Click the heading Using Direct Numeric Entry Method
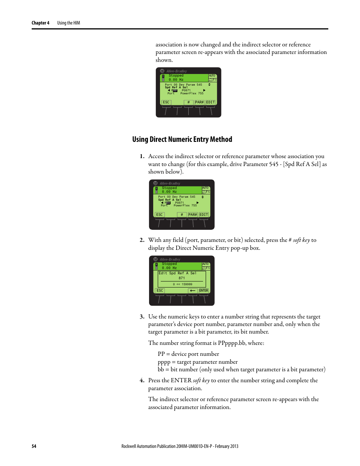tap(182, 139)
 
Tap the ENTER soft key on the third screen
tap(204, 291)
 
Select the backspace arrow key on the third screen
tap(193, 291)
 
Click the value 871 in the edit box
tap(182, 278)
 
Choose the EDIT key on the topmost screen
tap(211, 102)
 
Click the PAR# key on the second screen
tap(193, 215)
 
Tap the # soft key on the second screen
tap(182, 215)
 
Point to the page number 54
tap(34, 446)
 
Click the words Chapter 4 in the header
tap(40, 23)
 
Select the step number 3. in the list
tap(142, 317)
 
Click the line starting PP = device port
tap(188, 354)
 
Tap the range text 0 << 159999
tap(183, 285)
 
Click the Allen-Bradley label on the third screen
tap(170, 260)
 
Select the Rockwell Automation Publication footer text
tap(180, 446)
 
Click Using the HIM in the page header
tap(69, 23)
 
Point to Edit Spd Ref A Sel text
tap(177, 273)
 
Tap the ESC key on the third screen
tap(160, 291)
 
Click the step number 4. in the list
tap(142, 380)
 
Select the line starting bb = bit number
tap(242, 369)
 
